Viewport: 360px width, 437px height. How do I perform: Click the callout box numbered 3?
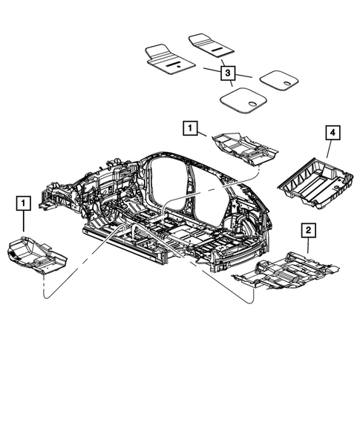pos(227,73)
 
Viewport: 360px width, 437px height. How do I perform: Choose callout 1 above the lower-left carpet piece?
pos(24,201)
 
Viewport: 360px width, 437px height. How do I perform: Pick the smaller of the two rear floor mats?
pos(278,80)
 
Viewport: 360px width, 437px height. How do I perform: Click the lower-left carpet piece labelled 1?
pos(35,252)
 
